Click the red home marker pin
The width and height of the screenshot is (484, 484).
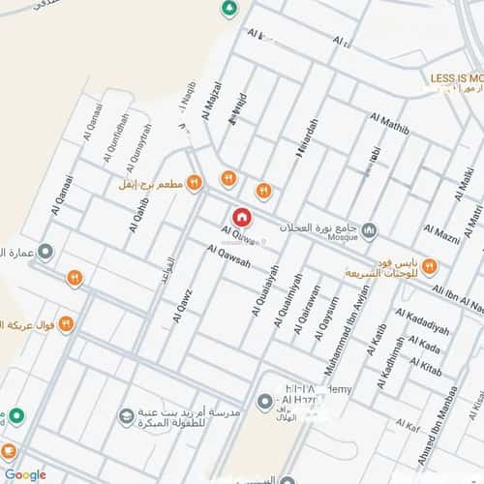point(242,217)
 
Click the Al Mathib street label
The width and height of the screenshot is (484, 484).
point(390,124)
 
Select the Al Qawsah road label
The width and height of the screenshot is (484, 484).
point(228,256)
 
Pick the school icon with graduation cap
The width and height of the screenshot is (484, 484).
point(125,416)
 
